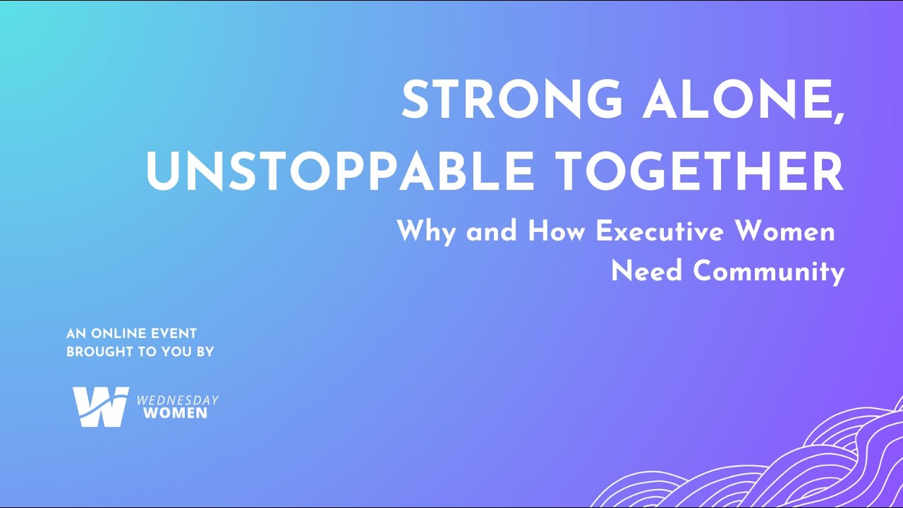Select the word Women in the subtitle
click(796, 231)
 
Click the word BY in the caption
click(204, 351)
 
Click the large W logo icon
click(100, 406)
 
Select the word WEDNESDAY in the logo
click(177, 400)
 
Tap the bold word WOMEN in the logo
click(175, 413)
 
